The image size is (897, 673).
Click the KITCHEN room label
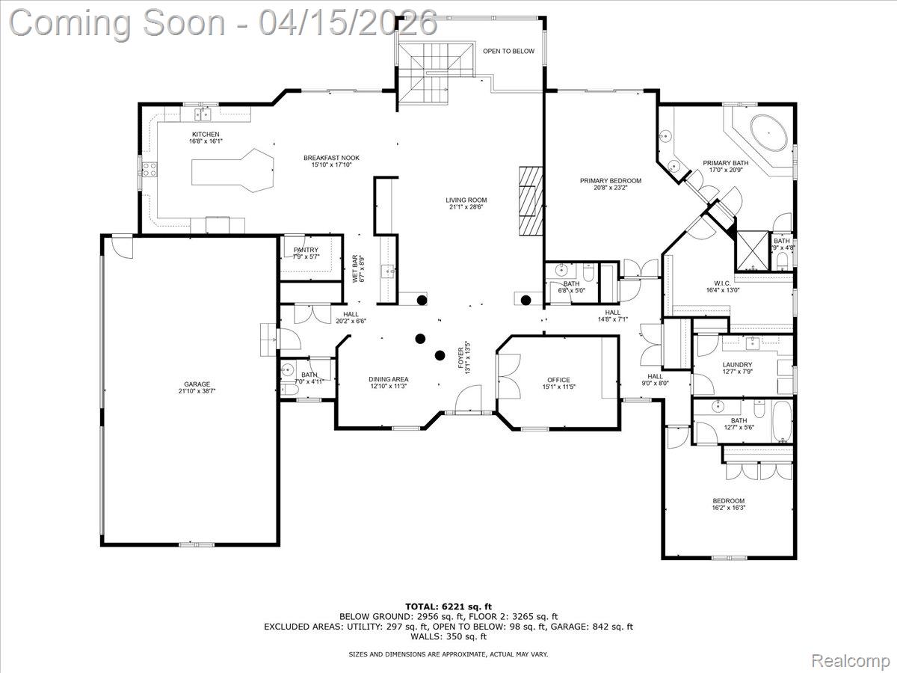206,135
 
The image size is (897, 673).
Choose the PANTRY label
306,251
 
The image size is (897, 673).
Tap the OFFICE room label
558,380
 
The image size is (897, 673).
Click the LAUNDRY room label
737,365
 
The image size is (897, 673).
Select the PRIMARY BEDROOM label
611,181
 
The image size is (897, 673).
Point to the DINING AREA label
388,380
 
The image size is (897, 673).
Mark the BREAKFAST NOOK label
331,158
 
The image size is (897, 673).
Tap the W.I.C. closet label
722,283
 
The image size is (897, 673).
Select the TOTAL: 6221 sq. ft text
449,606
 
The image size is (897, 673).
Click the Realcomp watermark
850,661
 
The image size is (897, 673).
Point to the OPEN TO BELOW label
508,52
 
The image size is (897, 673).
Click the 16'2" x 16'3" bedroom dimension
728,508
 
